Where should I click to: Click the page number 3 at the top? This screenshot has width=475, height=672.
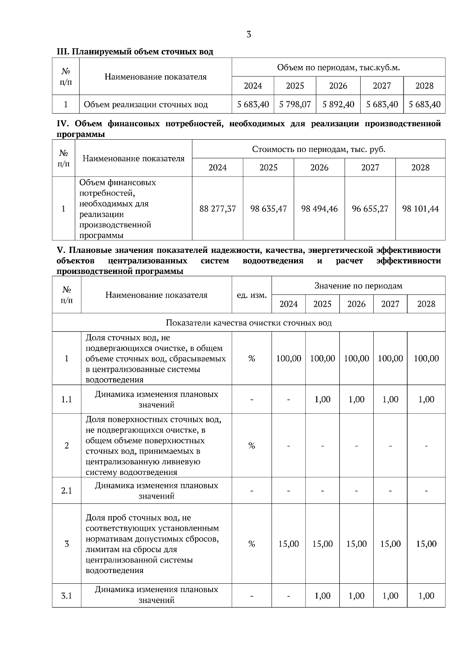pyautogui.click(x=249, y=34)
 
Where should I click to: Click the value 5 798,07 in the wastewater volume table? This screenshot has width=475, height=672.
pyautogui.click(x=295, y=104)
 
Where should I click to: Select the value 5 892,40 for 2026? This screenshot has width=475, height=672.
pyautogui.click(x=338, y=104)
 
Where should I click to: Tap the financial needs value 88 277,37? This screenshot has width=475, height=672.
pyautogui.click(x=218, y=209)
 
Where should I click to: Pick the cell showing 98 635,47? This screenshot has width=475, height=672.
pyautogui.click(x=268, y=209)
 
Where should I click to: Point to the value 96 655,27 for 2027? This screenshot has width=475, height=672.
pyautogui.click(x=370, y=209)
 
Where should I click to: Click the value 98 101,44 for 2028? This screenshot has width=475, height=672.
pyautogui.click(x=420, y=209)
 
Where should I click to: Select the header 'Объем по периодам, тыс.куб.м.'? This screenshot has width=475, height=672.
pyautogui.click(x=338, y=68)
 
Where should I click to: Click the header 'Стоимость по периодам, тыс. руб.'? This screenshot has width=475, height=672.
pyautogui.click(x=319, y=149)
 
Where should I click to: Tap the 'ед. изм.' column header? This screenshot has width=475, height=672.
pyautogui.click(x=252, y=295)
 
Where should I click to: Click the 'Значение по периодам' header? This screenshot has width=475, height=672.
pyautogui.click(x=358, y=286)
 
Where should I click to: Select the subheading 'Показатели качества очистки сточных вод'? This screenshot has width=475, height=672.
pyautogui.click(x=249, y=323)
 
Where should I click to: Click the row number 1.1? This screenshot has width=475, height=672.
pyautogui.click(x=66, y=399)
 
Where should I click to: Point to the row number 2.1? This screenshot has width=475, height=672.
pyautogui.click(x=66, y=491)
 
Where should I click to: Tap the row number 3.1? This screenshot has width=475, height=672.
pyautogui.click(x=66, y=596)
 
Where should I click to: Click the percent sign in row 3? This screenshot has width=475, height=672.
pyautogui.click(x=251, y=544)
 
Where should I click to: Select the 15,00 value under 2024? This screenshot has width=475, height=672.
pyautogui.click(x=289, y=544)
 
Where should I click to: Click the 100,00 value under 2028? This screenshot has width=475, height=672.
pyautogui.click(x=426, y=358)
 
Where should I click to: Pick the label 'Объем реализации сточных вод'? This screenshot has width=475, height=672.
pyautogui.click(x=146, y=104)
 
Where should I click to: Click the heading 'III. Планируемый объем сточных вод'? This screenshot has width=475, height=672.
pyautogui.click(x=135, y=52)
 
